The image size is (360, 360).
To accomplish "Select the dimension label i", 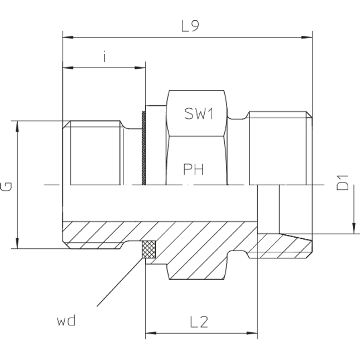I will [104, 56].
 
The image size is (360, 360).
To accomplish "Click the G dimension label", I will [7, 185].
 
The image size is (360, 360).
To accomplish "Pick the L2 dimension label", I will [200, 322].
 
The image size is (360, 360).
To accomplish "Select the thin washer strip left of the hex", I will [143, 148].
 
